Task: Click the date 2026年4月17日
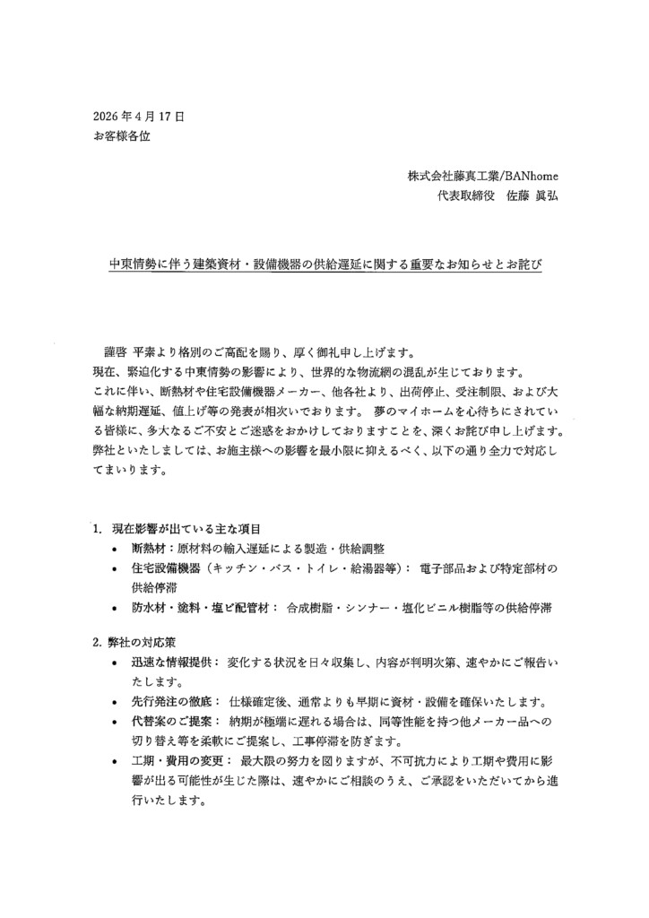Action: pyautogui.click(x=138, y=117)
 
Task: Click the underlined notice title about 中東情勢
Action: pyautogui.click(x=325, y=266)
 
